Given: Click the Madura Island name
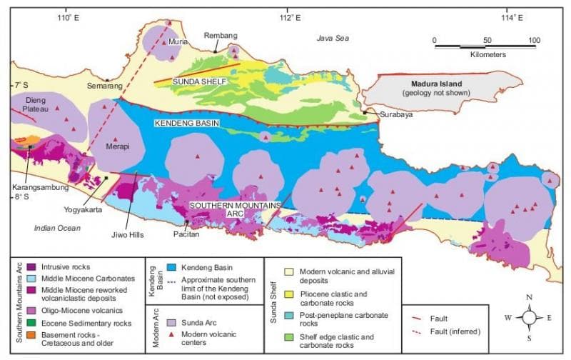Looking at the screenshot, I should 427,84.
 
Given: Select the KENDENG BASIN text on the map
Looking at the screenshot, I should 186,124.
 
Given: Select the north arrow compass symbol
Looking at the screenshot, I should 529,317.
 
